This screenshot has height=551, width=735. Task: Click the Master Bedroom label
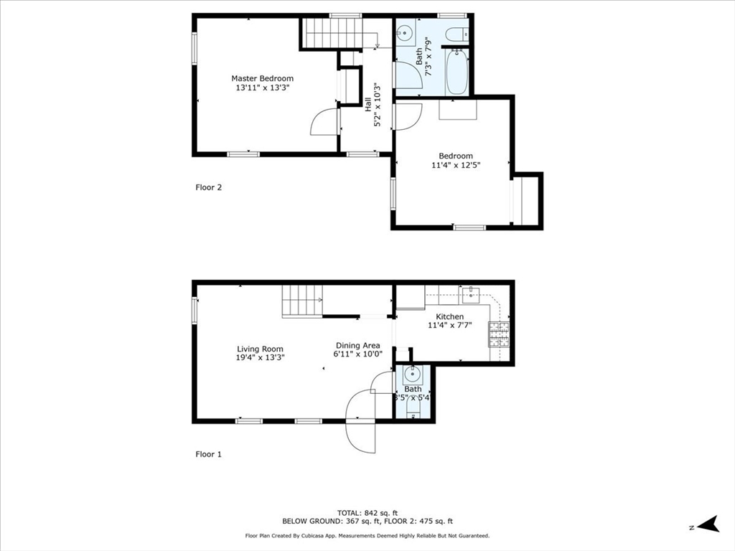click(x=262, y=78)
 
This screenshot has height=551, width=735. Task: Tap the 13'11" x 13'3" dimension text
click(x=262, y=88)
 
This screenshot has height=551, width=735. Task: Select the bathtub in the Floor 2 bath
click(x=457, y=72)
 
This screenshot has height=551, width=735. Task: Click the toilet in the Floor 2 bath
click(x=456, y=34)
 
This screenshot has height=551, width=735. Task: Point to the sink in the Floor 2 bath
click(x=404, y=33)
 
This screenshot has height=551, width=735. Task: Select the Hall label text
click(x=368, y=105)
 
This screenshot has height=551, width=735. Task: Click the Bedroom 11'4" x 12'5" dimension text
click(x=455, y=165)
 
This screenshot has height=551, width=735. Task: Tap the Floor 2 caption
click(x=209, y=188)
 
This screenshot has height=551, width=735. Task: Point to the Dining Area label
click(x=357, y=345)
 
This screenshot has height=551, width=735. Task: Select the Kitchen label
click(x=449, y=316)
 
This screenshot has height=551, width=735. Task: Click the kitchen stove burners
click(x=499, y=333)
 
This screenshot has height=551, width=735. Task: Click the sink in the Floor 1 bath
click(x=412, y=374)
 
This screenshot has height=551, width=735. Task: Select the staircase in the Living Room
click(x=301, y=300)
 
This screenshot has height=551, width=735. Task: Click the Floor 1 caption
click(x=209, y=454)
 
